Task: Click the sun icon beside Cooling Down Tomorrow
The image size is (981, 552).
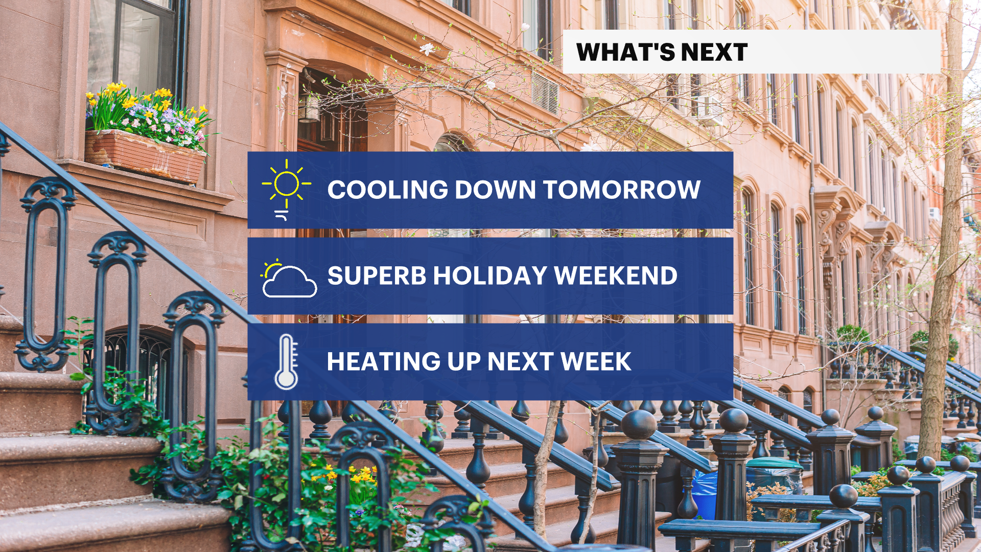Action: [286, 189]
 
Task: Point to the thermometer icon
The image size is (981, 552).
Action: [286, 362]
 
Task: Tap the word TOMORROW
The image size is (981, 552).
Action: [622, 190]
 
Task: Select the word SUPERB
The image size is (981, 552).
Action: [377, 275]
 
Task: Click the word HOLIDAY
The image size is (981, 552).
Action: [491, 275]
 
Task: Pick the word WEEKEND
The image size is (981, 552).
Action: [616, 275]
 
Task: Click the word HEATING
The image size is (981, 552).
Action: [383, 361]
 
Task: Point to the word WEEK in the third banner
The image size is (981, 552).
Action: [596, 361]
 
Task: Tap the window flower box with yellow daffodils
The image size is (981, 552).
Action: [146, 155]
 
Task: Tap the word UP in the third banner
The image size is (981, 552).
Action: [463, 361]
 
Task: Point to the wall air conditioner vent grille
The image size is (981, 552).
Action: [545, 93]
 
